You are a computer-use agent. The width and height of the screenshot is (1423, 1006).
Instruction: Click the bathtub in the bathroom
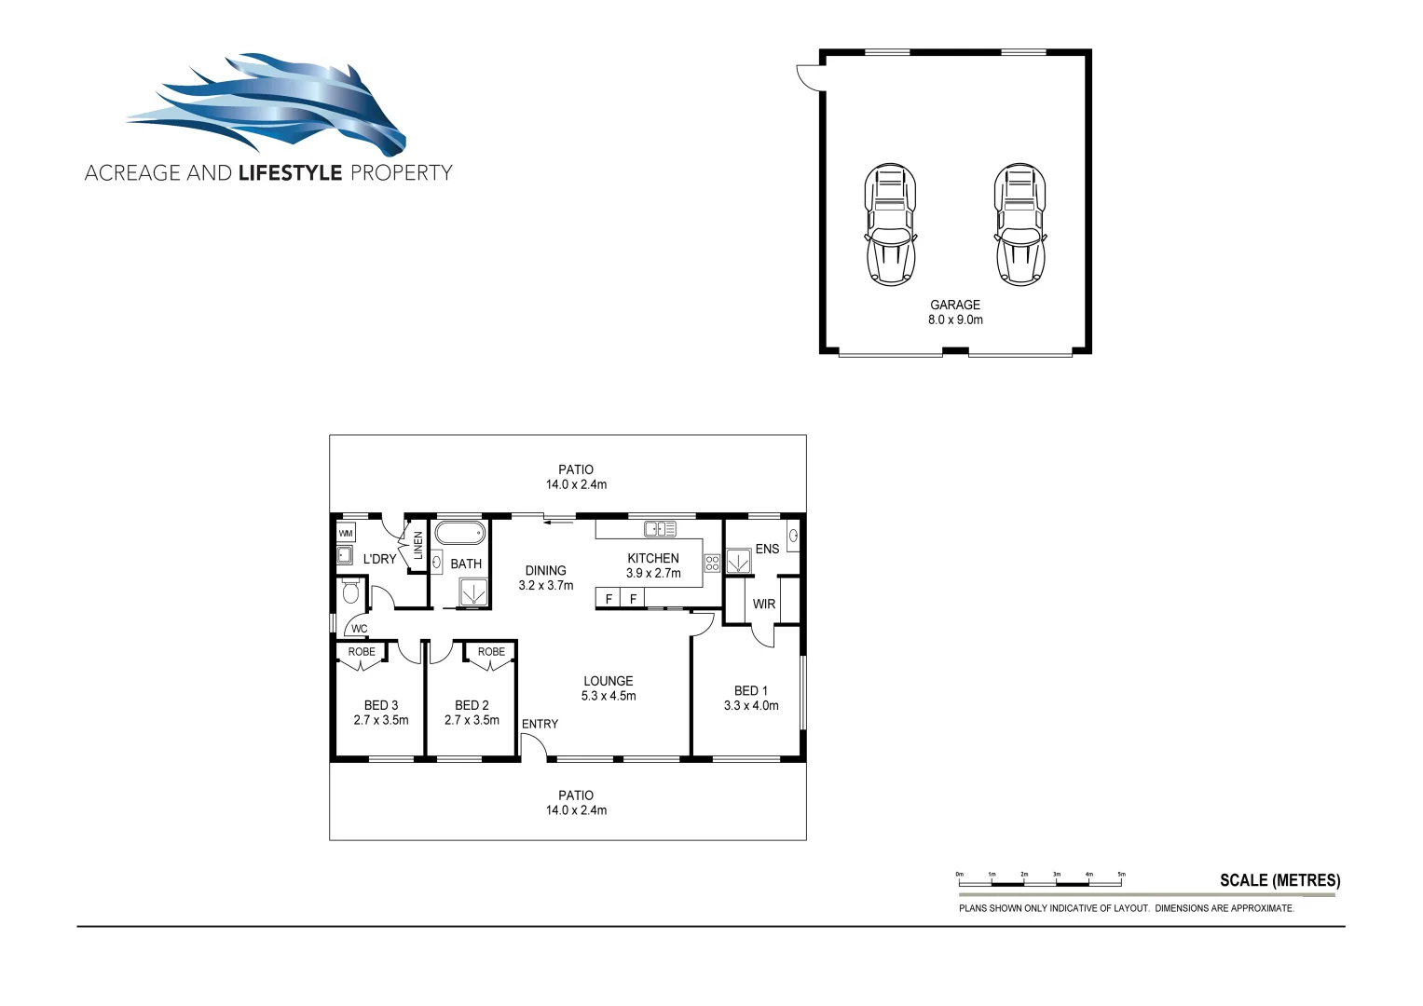click(459, 534)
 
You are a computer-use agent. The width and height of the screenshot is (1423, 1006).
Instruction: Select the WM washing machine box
click(346, 534)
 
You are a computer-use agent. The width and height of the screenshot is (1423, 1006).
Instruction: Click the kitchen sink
click(660, 529)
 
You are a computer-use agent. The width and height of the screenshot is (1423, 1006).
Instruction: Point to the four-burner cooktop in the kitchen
click(712, 563)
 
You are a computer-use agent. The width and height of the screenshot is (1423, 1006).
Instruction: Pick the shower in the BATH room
click(472, 592)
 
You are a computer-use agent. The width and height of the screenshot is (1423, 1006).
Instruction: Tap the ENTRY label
click(540, 724)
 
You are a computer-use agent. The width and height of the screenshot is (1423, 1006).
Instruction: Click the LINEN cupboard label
click(418, 545)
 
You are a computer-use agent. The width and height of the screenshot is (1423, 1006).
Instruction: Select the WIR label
click(764, 604)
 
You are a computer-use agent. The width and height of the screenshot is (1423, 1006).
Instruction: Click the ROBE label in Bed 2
click(491, 652)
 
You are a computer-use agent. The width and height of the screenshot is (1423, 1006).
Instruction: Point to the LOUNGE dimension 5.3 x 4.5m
click(609, 696)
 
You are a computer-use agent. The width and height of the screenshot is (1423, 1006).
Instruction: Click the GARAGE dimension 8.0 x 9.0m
click(955, 319)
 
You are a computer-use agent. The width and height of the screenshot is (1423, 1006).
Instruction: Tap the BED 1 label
click(751, 690)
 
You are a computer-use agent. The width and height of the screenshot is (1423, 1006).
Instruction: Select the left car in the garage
click(890, 224)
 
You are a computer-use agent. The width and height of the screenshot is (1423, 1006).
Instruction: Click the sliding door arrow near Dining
click(559, 522)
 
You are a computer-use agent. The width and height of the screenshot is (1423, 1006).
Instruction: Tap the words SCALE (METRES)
click(1279, 880)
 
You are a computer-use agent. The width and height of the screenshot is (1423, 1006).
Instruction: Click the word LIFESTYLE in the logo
click(290, 173)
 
